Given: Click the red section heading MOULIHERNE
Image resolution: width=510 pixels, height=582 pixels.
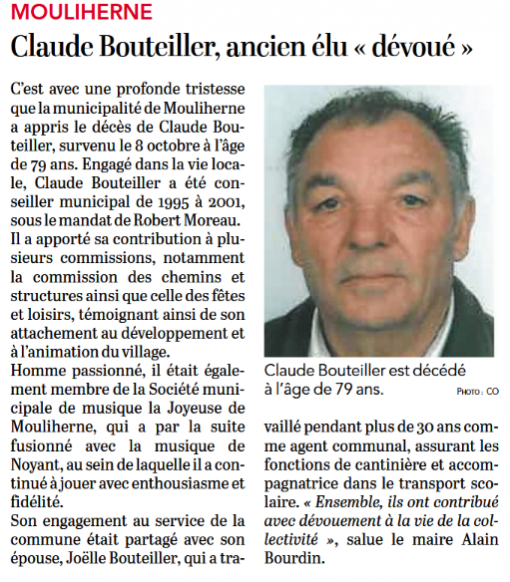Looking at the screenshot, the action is tap(80, 13).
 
